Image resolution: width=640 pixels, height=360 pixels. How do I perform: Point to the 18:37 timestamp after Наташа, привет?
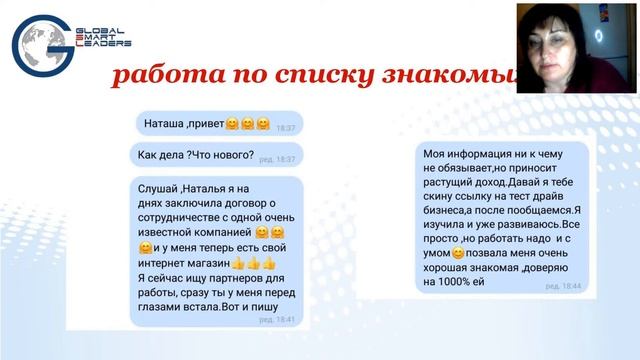coord(286,129)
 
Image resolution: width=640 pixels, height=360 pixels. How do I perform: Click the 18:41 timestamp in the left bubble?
coord(286,320)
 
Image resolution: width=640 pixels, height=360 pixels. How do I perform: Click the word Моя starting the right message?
coord(435,153)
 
